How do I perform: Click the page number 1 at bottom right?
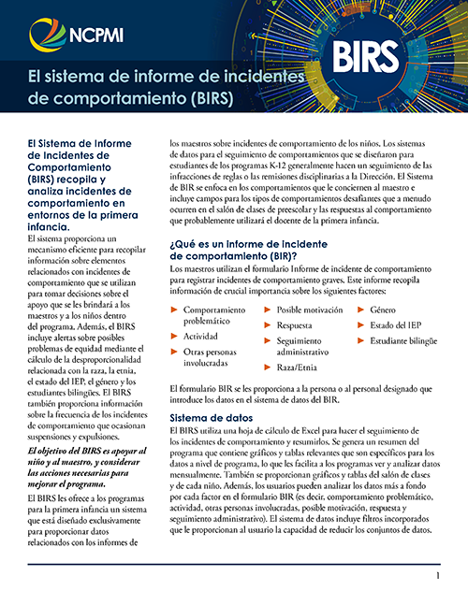pos(437,577)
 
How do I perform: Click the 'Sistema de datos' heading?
pos(212,418)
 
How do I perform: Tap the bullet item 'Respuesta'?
pos(294,326)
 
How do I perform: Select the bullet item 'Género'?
pos(383,309)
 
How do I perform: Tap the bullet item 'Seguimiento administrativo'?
pos(314,347)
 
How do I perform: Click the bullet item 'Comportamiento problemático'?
pos(220,314)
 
